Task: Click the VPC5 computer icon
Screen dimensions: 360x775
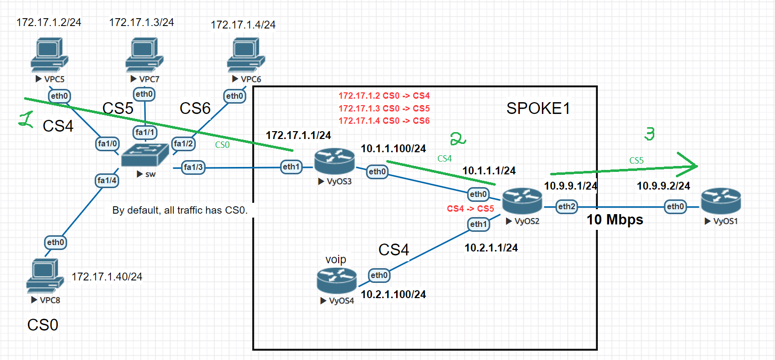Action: click(49, 55)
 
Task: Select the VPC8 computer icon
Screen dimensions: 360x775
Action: click(45, 276)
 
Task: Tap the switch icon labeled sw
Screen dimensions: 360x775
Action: click(145, 156)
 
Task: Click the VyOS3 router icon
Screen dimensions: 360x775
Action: click(334, 162)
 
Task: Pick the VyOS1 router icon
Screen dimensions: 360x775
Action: click(721, 201)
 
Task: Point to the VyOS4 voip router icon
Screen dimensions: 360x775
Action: click(336, 281)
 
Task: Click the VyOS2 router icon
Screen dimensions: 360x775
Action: click(522, 201)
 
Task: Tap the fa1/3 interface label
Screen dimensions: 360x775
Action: click(193, 167)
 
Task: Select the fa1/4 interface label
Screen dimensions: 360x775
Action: click(107, 181)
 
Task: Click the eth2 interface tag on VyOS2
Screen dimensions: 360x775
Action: click(566, 207)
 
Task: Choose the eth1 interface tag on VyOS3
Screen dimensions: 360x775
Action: click(291, 167)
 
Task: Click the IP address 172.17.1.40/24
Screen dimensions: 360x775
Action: click(107, 277)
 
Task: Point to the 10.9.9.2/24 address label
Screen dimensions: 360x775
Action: click(663, 186)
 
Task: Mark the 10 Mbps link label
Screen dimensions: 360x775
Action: click(615, 220)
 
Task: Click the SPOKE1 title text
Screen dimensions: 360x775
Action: click(538, 109)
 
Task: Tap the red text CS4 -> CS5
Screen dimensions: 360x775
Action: click(470, 209)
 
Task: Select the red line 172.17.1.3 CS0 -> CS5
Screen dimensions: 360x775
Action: click(384, 109)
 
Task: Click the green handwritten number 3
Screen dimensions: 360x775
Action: click(649, 134)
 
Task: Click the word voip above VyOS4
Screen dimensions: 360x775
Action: click(336, 259)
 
